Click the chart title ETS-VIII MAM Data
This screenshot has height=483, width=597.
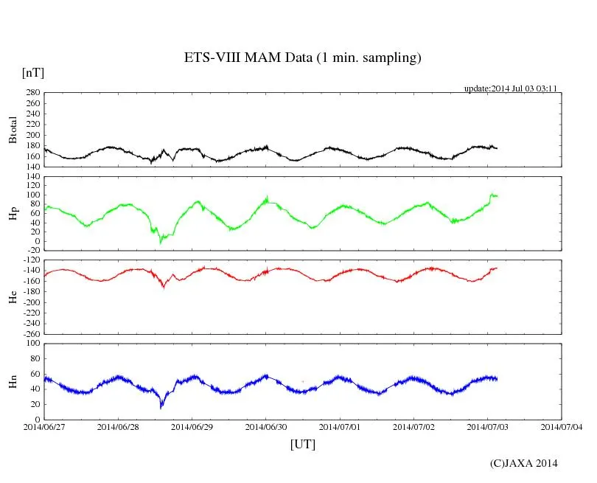click(302, 58)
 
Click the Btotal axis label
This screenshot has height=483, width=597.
click(13, 130)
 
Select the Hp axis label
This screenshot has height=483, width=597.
click(13, 214)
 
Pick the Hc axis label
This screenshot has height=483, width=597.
click(13, 296)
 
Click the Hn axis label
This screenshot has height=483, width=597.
click(13, 381)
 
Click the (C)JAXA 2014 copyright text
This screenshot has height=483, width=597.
click(523, 463)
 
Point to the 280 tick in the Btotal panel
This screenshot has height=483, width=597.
click(32, 93)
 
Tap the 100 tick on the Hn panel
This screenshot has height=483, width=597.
click(32, 343)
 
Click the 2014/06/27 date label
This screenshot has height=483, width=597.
click(43, 426)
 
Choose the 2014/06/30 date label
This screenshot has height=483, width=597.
click(266, 426)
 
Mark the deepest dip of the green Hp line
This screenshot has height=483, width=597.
click(161, 242)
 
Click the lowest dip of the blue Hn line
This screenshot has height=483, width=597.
click(161, 407)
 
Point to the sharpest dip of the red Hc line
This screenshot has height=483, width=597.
click(163, 288)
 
